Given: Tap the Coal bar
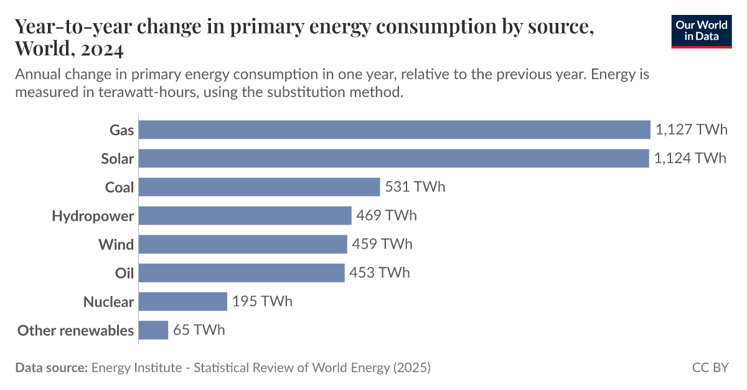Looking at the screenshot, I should [259, 187].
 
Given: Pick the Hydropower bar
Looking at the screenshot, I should [245, 216].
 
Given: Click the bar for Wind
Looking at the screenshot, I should [242, 244].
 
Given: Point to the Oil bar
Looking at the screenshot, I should [241, 273].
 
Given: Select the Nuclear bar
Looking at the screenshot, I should [182, 302].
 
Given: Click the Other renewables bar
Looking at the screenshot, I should [153, 330].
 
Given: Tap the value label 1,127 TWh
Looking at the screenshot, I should [691, 129].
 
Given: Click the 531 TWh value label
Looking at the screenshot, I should [415, 187].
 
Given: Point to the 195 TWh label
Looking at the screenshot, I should [262, 302].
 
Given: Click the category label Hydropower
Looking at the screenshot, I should [93, 216].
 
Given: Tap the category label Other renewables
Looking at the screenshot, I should [75, 330].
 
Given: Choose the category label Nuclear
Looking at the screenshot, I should [108, 302].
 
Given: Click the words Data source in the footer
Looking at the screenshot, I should [51, 368].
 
